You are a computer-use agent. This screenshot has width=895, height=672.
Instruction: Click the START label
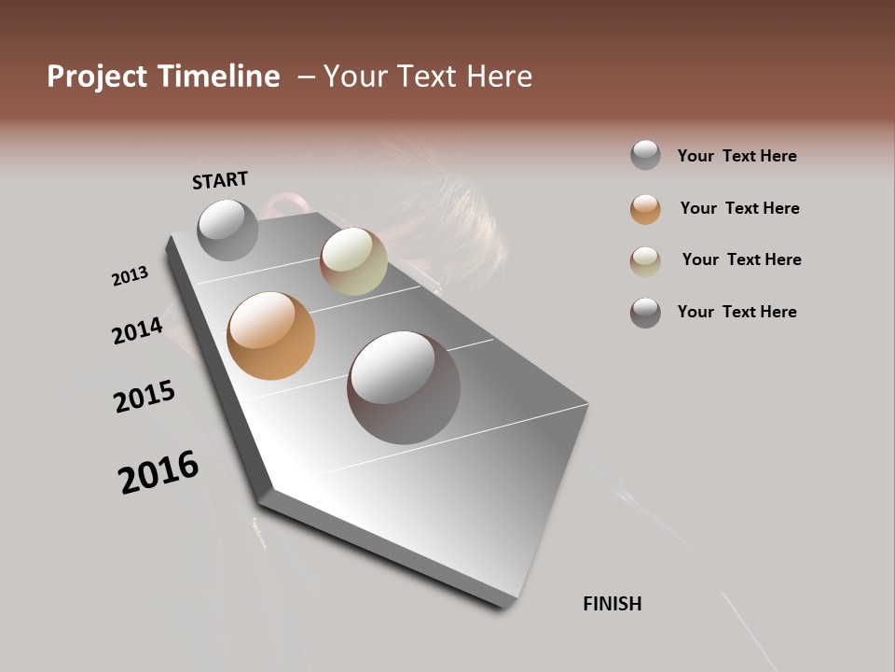tap(220, 180)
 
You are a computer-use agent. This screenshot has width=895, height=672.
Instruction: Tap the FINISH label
tap(613, 604)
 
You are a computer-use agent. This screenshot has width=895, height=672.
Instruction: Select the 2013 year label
tap(130, 276)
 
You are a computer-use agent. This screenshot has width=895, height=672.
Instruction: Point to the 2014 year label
tap(137, 330)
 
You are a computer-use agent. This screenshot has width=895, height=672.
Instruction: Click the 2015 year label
tap(145, 397)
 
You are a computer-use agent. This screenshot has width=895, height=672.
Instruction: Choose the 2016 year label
tap(158, 472)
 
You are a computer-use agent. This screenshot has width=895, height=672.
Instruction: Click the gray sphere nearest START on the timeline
tap(227, 230)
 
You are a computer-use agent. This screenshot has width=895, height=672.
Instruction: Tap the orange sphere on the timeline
tap(270, 336)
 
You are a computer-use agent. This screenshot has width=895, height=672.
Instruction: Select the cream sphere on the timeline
tap(353, 261)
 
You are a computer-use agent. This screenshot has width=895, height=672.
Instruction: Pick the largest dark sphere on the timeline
tap(404, 387)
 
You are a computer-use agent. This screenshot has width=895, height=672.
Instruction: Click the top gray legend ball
tap(645, 155)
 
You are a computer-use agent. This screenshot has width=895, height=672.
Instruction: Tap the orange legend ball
tap(645, 209)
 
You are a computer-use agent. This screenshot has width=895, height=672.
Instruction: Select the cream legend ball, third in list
tap(645, 260)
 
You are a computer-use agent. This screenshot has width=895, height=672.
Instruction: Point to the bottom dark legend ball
tap(645, 313)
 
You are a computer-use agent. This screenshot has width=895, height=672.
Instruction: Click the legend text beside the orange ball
tap(739, 208)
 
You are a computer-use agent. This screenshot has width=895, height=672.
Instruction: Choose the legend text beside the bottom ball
tap(737, 312)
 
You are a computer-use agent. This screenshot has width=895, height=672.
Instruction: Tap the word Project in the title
tap(98, 77)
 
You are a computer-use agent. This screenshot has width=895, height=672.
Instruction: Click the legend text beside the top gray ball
tap(737, 156)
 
